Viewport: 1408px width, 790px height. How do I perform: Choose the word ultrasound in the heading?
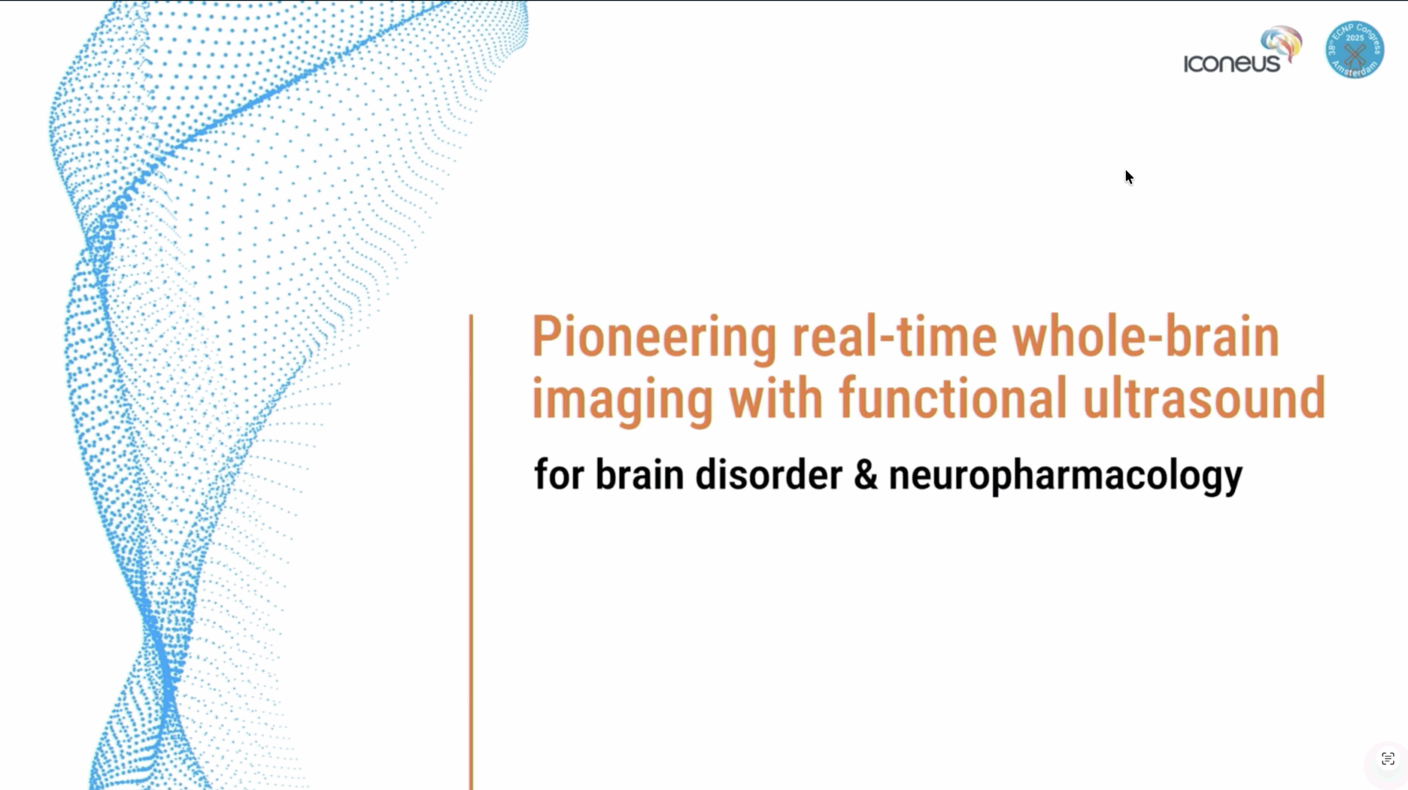(1204, 397)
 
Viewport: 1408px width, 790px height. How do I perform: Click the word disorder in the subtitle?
(768, 474)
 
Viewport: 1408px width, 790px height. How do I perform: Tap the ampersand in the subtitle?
(866, 474)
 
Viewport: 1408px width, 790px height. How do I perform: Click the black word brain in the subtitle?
(640, 474)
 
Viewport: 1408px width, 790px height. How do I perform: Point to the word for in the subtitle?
(559, 474)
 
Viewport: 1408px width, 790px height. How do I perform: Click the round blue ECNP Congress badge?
(1355, 49)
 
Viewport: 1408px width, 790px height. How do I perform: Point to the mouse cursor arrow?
(1129, 177)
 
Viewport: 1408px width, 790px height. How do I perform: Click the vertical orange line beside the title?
(471, 552)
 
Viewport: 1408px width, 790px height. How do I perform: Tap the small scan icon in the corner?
(1388, 759)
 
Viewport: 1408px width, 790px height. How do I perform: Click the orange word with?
(776, 397)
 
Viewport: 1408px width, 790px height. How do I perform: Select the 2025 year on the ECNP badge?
(1355, 37)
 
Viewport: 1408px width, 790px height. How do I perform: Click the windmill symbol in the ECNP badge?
(1355, 56)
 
